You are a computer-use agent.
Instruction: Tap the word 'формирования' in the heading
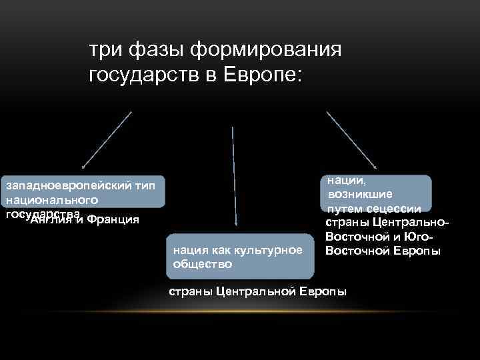267,49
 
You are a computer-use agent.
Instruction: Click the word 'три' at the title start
103,49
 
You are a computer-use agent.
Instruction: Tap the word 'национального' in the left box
52,199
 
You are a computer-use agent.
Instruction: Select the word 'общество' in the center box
203,263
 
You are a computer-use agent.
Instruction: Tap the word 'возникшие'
355,194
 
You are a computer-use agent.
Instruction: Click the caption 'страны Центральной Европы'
257,292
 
